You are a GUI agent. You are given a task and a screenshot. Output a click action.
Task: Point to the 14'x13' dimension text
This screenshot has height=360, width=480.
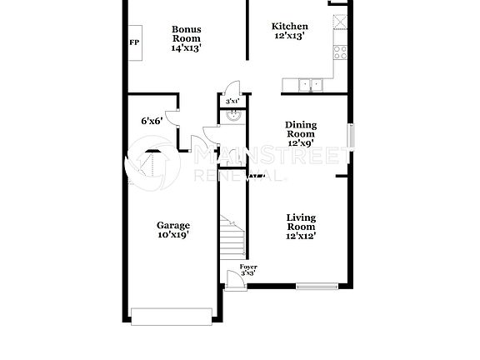pyautogui.click(x=187, y=47)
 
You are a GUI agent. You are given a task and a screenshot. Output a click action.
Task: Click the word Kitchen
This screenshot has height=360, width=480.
pyautogui.click(x=290, y=27)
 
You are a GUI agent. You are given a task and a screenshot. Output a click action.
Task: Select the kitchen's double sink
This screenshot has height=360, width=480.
pyautogui.click(x=310, y=83)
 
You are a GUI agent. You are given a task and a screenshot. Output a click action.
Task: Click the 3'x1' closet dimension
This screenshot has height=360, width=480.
pyautogui.click(x=232, y=102)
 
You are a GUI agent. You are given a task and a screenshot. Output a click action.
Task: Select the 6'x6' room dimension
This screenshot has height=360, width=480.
pyautogui.click(x=151, y=121)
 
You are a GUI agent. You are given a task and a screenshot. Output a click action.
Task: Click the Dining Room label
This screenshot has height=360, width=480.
pyautogui.click(x=300, y=128)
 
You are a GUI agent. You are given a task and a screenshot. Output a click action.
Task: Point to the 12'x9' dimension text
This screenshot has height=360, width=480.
pyautogui.click(x=300, y=143)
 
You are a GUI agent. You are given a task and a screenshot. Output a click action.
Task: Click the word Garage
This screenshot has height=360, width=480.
pyautogui.click(x=173, y=225)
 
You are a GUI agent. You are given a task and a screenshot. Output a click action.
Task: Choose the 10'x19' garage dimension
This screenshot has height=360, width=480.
pyautogui.click(x=173, y=235)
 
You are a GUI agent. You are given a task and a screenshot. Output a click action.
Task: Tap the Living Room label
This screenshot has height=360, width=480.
pyautogui.click(x=300, y=222)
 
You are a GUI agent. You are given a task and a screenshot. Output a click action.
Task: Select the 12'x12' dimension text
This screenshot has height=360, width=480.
pyautogui.click(x=300, y=237)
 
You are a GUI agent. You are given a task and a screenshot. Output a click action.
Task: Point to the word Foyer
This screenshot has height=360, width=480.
pyautogui.click(x=247, y=267)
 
